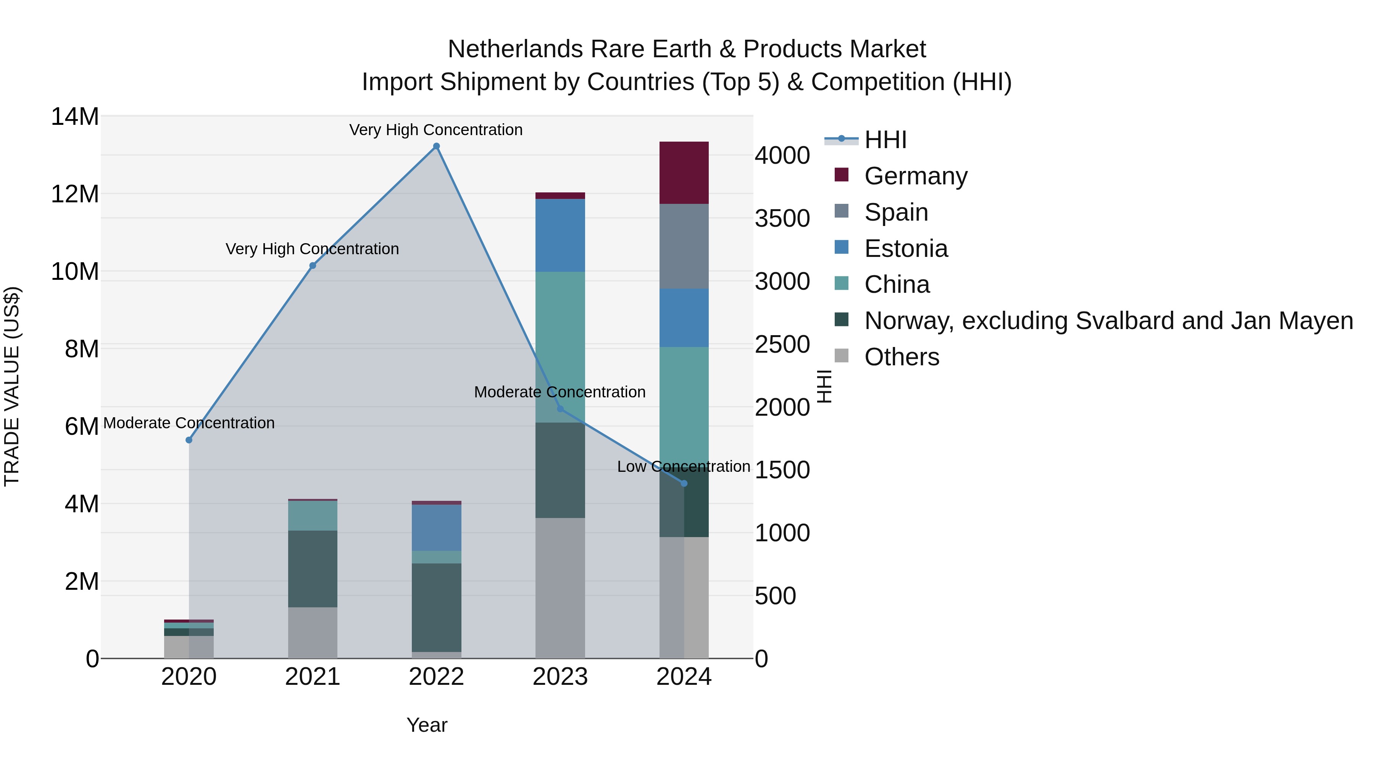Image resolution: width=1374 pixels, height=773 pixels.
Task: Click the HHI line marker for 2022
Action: pyautogui.click(x=436, y=146)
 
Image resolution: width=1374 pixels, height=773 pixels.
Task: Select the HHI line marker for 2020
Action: pyautogui.click(x=189, y=440)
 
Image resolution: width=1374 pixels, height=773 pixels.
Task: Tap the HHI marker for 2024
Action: pyautogui.click(x=684, y=483)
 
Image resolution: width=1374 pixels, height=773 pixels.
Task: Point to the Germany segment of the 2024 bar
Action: pyautogui.click(x=684, y=173)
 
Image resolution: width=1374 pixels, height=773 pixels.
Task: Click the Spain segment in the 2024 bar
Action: pyautogui.click(x=684, y=247)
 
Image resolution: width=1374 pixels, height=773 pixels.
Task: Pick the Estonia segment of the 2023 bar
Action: pyautogui.click(x=560, y=235)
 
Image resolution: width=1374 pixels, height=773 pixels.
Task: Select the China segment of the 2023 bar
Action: pyautogui.click(x=560, y=347)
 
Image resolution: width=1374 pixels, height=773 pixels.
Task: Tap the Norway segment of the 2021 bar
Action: pyautogui.click(x=313, y=569)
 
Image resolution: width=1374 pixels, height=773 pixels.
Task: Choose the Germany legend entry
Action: pyautogui.click(x=915, y=176)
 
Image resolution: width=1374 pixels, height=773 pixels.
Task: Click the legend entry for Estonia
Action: pyautogui.click(x=906, y=249)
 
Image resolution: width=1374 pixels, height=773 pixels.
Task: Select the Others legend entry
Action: pyautogui.click(x=901, y=357)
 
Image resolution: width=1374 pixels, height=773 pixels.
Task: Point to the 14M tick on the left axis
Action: pyautogui.click(x=75, y=116)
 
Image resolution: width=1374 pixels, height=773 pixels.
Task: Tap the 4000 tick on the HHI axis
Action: pyautogui.click(x=782, y=156)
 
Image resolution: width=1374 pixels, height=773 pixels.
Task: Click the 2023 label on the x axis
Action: pyautogui.click(x=560, y=677)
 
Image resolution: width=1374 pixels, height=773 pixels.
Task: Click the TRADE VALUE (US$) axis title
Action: pyautogui.click(x=12, y=386)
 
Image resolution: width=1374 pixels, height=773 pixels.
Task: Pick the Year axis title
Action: pyautogui.click(x=427, y=725)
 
